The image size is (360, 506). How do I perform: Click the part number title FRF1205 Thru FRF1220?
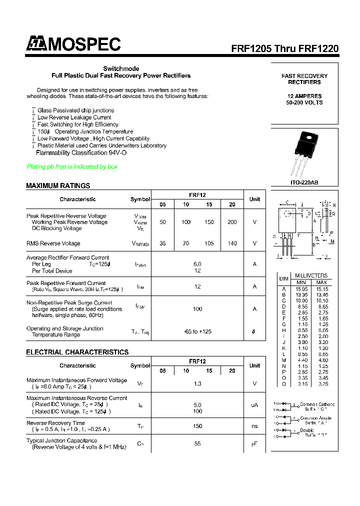(x=284, y=48)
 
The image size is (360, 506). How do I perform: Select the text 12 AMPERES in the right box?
(x=304, y=95)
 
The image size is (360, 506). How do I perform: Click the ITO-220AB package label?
(x=304, y=182)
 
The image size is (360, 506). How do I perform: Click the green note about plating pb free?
(x=72, y=166)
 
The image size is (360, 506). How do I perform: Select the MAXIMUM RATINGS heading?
(x=58, y=185)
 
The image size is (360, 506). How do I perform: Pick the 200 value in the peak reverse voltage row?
(x=232, y=222)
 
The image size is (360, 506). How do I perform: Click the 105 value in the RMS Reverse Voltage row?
(x=209, y=243)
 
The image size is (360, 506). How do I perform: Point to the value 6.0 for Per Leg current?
(x=197, y=264)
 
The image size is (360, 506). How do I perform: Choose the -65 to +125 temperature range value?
(x=197, y=331)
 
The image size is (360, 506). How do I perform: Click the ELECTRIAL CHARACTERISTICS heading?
(x=77, y=352)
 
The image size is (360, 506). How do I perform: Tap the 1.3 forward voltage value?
(x=197, y=383)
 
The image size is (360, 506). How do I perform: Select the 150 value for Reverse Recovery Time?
(x=197, y=426)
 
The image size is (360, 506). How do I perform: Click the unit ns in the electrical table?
(x=254, y=426)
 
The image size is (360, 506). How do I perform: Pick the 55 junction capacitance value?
(x=197, y=443)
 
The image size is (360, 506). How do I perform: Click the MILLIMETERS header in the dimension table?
(x=311, y=275)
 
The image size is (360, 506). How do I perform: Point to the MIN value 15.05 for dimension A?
(x=301, y=288)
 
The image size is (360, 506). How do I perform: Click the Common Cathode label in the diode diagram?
(x=317, y=404)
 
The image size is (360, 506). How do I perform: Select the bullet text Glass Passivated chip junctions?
(x=75, y=110)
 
